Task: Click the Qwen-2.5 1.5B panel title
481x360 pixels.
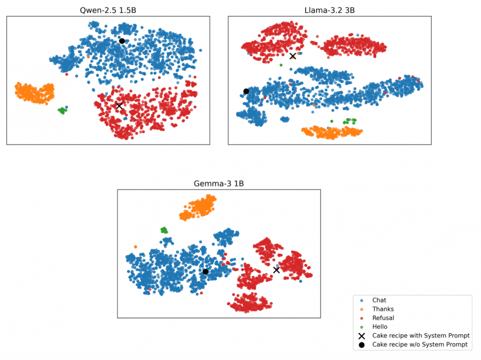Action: point(108,10)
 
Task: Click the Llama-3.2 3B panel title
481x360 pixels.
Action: point(329,10)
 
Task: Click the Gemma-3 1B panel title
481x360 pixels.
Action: point(219,183)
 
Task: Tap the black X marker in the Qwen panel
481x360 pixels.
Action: point(119,106)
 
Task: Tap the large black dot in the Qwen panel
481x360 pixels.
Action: point(122,41)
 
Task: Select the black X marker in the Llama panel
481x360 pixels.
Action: point(292,56)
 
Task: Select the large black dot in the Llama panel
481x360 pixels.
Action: point(246,91)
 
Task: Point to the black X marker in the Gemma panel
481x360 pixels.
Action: point(276,270)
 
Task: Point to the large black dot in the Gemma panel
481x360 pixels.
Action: point(205,272)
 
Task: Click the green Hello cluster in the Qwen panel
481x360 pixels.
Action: point(63,111)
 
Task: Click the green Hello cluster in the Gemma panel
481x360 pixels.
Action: point(164,230)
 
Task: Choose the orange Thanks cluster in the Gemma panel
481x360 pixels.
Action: point(198,208)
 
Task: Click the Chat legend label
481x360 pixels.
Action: point(379,301)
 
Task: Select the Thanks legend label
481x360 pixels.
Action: point(383,309)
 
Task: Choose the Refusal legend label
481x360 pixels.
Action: point(383,318)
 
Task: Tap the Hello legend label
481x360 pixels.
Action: point(380,326)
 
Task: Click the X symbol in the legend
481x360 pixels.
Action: point(362,335)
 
